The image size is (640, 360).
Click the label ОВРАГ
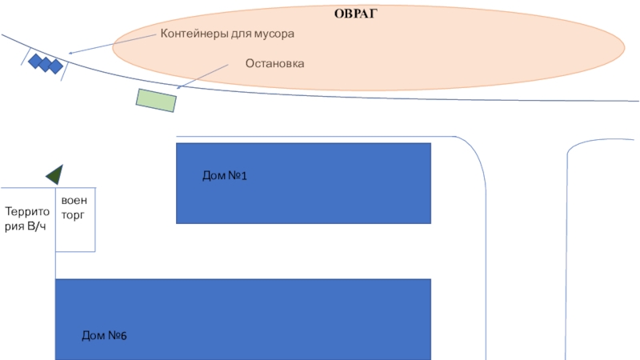coord(356,14)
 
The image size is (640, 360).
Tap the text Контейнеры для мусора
coord(228,34)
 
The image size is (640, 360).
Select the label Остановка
coord(274,62)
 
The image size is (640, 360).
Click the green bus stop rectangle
coord(156,99)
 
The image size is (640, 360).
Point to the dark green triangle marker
coord(55,174)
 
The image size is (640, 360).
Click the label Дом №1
coord(225,175)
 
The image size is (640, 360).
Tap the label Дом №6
coord(104,335)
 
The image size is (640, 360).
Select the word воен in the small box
coord(74,200)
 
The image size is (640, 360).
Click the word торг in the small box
coord(74,215)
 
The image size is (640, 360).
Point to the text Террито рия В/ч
coord(27,219)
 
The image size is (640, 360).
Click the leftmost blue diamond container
coord(36,60)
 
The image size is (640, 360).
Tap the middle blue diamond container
coord(46,64)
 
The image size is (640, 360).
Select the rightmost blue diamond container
coord(55,67)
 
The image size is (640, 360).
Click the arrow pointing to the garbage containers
coord(112,45)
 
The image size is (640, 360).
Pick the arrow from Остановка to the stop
coord(208,75)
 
